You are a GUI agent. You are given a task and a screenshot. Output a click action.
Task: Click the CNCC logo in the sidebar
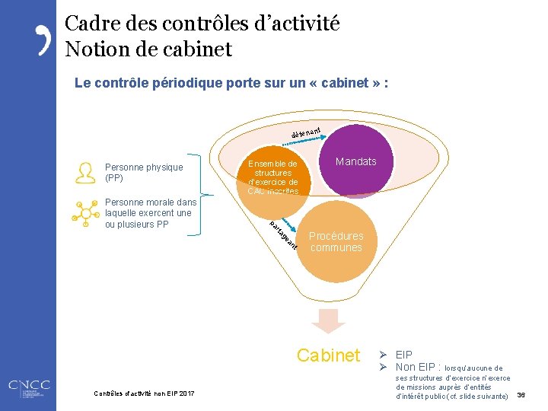coord(27,389)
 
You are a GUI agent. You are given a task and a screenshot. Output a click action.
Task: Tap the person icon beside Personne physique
coord(81,173)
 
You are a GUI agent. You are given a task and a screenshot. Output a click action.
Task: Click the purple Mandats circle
coord(356,161)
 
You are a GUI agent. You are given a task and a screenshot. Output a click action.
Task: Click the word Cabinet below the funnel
coord(328,355)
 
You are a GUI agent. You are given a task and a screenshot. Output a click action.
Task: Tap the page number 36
coord(522,395)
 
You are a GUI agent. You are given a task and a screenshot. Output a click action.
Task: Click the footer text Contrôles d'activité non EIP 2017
coord(144,393)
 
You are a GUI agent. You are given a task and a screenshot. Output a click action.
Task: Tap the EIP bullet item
coord(404,355)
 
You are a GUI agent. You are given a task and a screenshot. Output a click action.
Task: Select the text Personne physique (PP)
coord(144,173)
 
